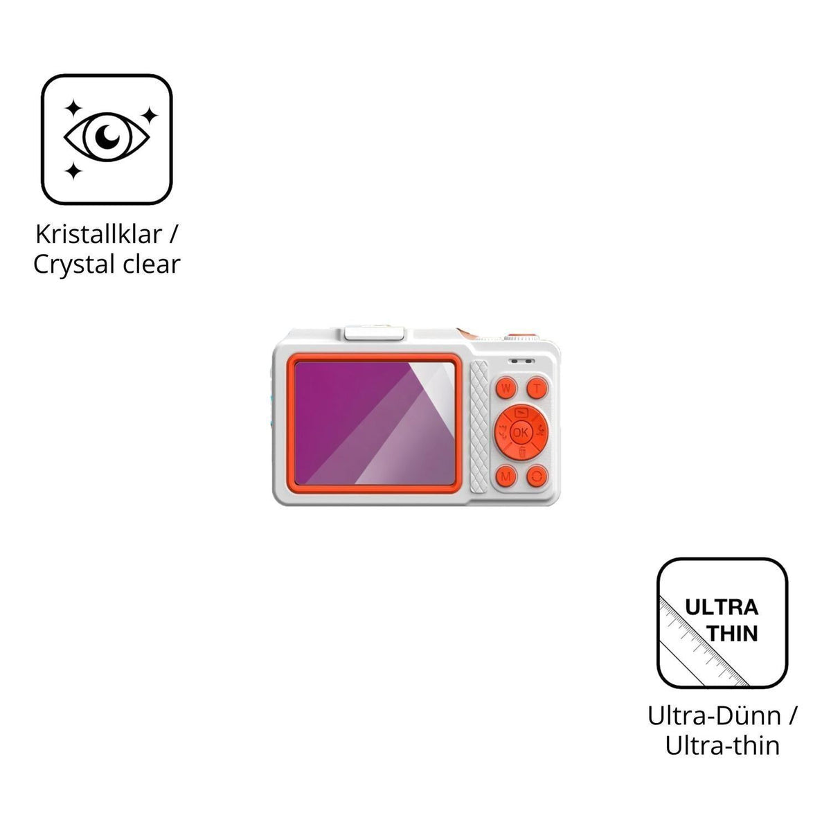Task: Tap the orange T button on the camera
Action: [537, 388]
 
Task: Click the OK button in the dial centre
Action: [521, 432]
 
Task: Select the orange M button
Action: [506, 476]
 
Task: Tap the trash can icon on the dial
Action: [522, 452]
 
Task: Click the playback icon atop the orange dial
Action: [521, 412]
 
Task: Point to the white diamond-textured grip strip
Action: [479, 426]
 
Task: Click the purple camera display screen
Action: [375, 424]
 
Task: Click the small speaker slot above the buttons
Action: [522, 361]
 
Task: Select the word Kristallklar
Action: [99, 234]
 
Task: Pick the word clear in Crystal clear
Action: [152, 265]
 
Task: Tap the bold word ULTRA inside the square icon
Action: [722, 607]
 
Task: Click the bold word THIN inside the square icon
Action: [733, 634]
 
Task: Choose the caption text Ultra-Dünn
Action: [715, 716]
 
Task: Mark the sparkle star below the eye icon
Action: [73, 171]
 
